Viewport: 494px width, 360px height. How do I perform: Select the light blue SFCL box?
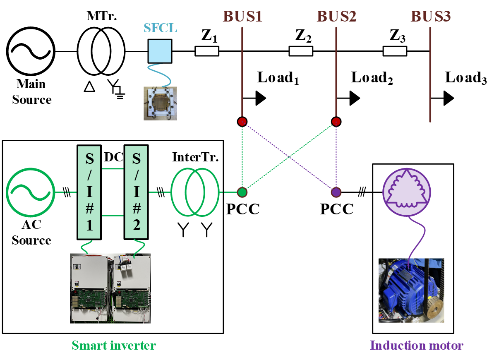(x=160, y=51)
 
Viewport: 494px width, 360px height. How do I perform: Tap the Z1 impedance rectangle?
(x=207, y=51)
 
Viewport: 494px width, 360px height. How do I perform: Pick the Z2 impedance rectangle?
(x=301, y=51)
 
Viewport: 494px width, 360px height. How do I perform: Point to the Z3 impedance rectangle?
(x=395, y=51)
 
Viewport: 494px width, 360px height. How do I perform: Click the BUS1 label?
(x=242, y=17)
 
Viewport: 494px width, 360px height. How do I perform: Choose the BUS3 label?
(x=430, y=17)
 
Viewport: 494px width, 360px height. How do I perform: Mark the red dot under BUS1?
(x=242, y=121)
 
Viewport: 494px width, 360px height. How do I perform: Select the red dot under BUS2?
(x=336, y=121)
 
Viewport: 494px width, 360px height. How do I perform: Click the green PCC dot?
(x=242, y=192)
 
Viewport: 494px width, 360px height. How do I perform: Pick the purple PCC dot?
(x=336, y=192)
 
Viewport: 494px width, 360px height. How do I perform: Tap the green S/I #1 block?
(x=89, y=192)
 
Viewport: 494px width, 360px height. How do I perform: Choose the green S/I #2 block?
(x=136, y=192)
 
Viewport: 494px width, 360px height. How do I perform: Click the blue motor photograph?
(x=411, y=290)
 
